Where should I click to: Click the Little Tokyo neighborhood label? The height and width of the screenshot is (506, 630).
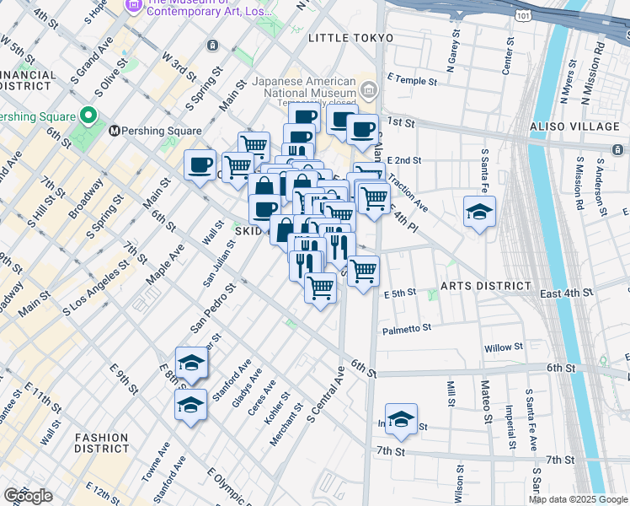350,38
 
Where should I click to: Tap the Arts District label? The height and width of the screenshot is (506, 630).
485,286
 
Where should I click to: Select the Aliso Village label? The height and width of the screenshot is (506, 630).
574,126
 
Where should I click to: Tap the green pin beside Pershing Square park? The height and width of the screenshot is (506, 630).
88,115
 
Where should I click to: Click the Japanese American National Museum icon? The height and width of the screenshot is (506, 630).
367,89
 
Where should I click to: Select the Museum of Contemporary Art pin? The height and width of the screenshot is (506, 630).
132,7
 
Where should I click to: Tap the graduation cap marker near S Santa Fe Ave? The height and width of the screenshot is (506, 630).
479,213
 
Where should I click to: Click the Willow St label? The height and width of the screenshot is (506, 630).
505,347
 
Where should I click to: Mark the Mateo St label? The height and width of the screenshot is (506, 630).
486,401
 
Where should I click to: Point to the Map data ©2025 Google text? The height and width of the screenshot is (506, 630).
578,499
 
